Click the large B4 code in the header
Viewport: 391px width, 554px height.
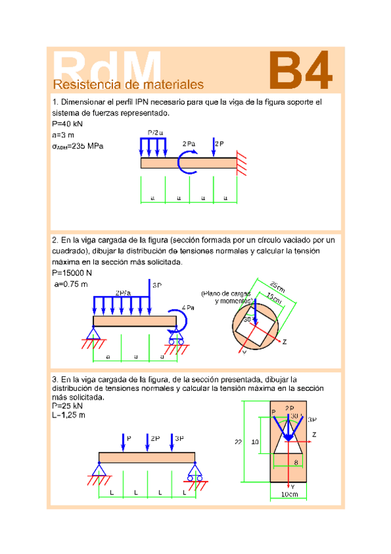pos(302,71)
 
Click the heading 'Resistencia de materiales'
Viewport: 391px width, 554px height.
pos(128,85)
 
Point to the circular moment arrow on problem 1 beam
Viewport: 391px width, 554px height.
pos(188,162)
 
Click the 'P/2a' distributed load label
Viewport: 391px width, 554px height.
pos(155,133)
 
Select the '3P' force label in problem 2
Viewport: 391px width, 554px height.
pos(157,285)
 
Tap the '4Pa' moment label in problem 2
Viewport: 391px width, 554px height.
pos(188,307)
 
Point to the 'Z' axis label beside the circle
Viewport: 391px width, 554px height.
pos(284,342)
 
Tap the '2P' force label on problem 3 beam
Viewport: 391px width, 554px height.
pos(155,438)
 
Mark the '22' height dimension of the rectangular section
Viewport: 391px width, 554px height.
pos(238,442)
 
